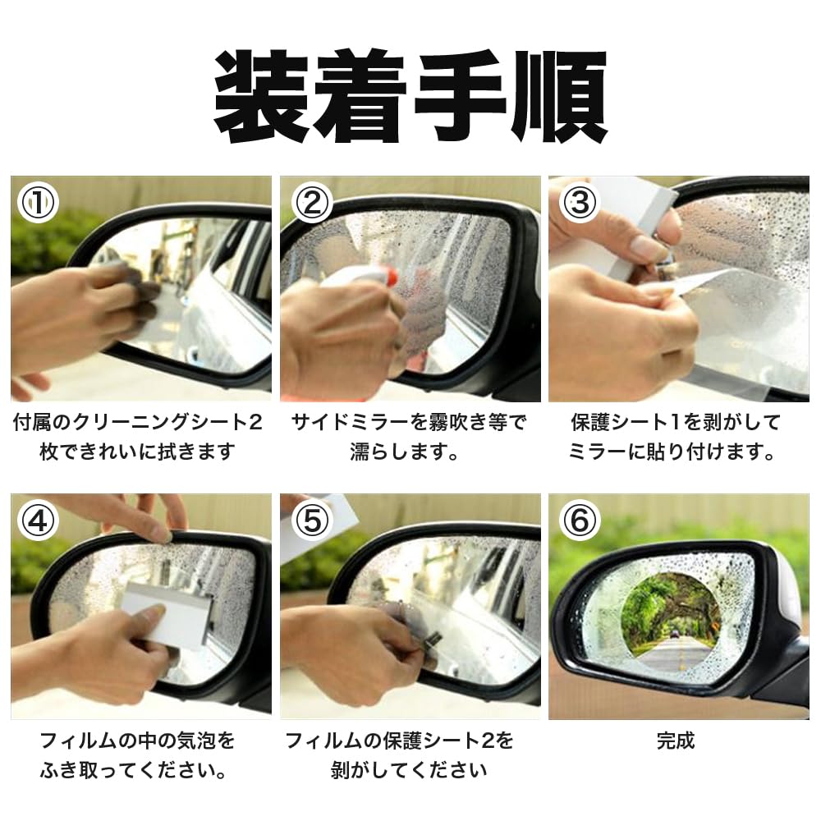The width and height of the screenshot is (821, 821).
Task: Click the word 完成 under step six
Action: pos(676,741)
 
